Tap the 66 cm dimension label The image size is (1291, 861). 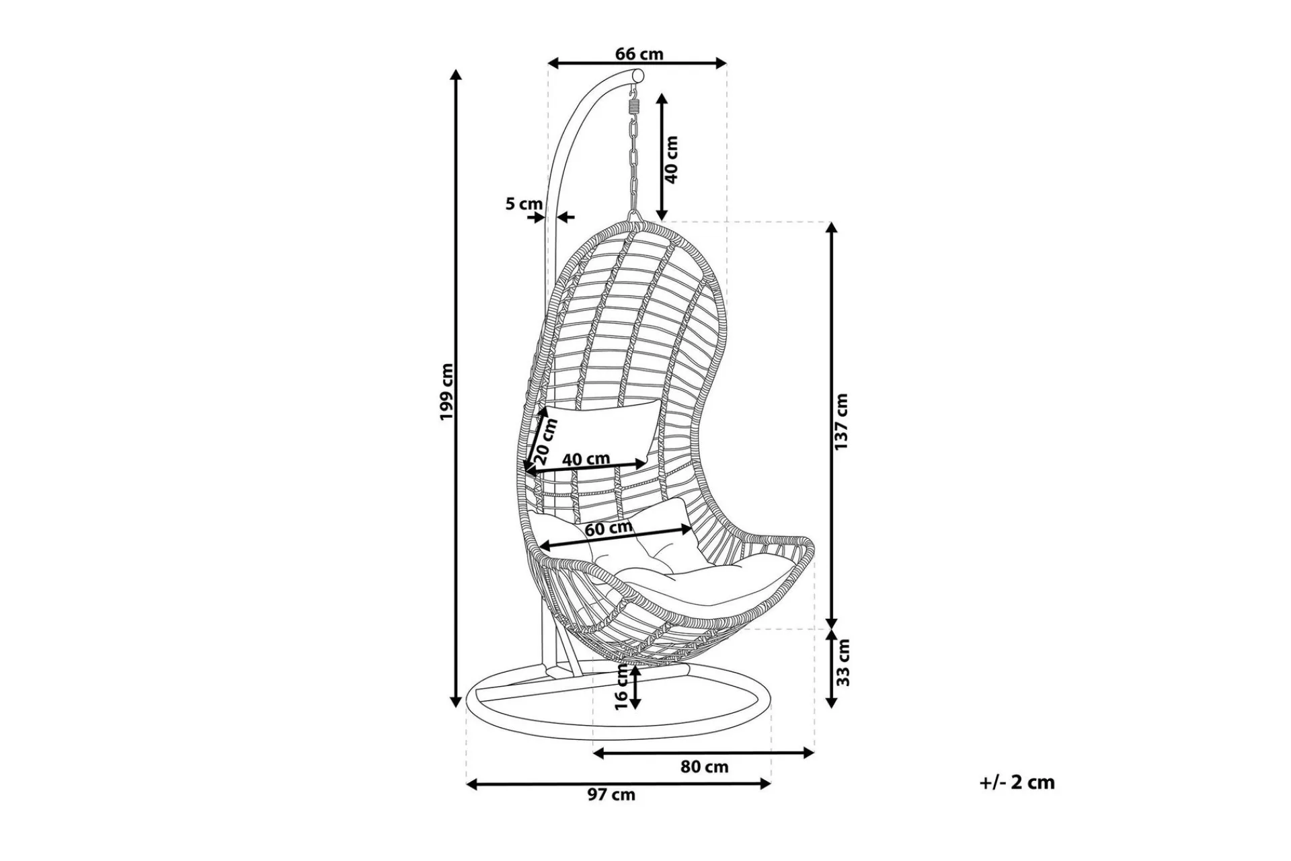(639, 54)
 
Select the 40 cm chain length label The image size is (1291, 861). (670, 159)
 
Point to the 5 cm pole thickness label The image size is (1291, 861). (524, 203)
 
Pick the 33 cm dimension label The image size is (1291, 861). (843, 662)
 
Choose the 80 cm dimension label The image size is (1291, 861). (704, 766)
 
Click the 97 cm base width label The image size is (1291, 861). (611, 794)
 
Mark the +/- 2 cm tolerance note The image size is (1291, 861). (1017, 782)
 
